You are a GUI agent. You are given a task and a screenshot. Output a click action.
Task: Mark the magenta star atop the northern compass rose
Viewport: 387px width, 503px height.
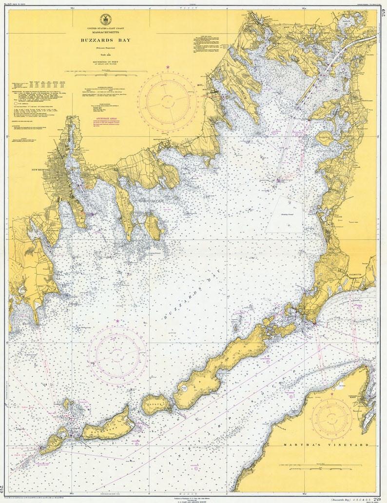[x=168, y=67]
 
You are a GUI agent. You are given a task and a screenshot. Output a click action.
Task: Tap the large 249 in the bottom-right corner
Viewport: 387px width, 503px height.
[x=377, y=497]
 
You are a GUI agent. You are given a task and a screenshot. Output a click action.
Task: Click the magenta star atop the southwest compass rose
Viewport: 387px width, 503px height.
[x=117, y=321]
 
